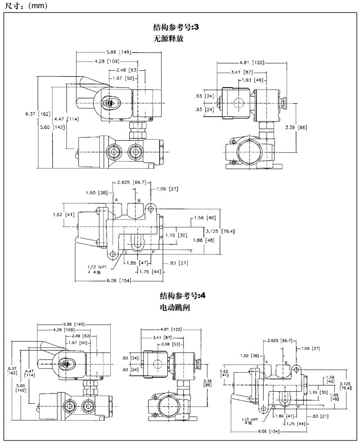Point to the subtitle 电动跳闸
(172, 308)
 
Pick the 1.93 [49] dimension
(252, 80)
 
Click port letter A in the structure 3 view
(116, 199)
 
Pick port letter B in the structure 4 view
(286, 362)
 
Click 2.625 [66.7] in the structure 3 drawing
(131, 182)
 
